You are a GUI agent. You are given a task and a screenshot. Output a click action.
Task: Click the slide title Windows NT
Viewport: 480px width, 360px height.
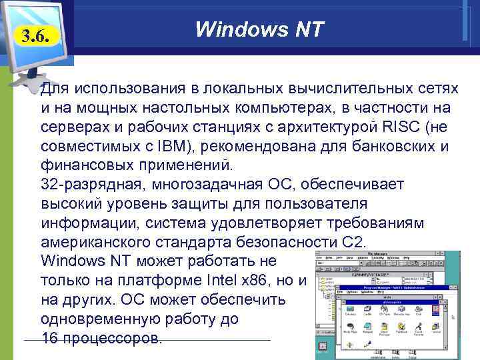click(259, 29)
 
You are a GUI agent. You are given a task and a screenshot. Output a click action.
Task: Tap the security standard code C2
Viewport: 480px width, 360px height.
click(354, 241)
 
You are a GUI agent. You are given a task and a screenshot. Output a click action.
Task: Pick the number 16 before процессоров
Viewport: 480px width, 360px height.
click(50, 337)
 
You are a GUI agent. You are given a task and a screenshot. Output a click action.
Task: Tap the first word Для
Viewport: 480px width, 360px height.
click(55, 88)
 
